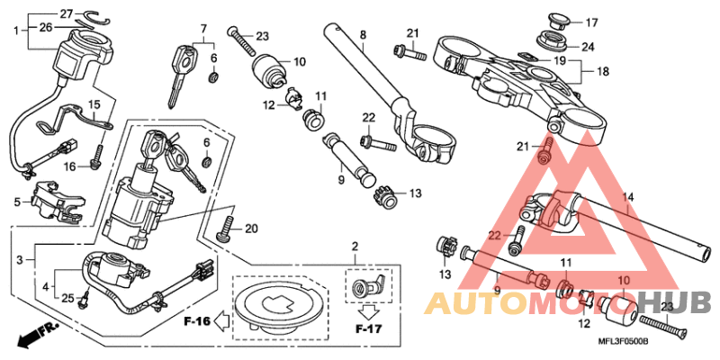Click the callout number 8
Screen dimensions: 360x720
363,36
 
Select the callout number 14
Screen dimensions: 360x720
628,197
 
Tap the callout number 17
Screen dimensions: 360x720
591,22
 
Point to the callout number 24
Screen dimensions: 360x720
587,46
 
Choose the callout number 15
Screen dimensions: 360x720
94,104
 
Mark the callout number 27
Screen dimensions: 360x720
66,13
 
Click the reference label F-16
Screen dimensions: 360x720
196,319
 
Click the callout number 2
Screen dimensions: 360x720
355,246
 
